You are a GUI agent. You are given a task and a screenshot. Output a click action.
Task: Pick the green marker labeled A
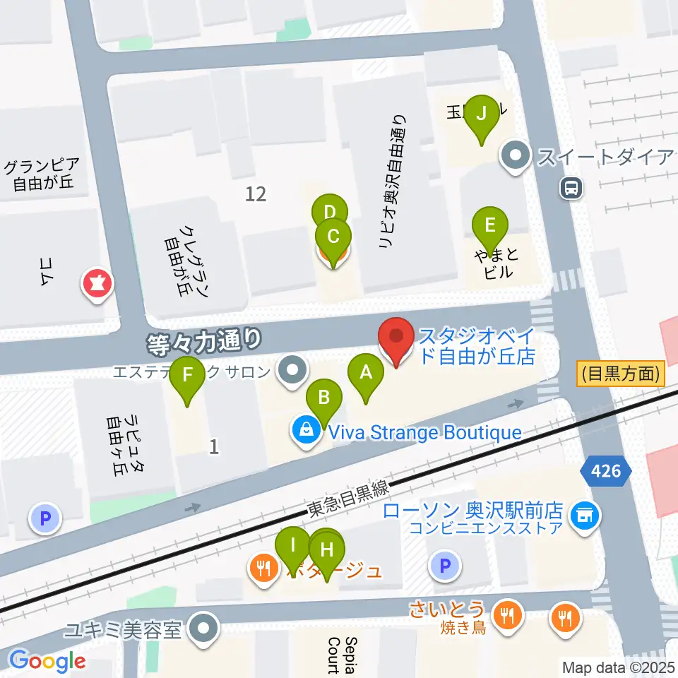[x=365, y=371]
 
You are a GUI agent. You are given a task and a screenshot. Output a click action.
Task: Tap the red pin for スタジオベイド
[x=395, y=338]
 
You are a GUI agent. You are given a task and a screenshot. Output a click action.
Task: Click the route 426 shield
[x=607, y=470]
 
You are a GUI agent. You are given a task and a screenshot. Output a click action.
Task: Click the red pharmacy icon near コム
[x=97, y=284]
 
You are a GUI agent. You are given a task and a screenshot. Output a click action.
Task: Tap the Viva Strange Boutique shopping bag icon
[x=307, y=431]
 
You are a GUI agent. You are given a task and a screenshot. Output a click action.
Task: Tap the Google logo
[x=47, y=660]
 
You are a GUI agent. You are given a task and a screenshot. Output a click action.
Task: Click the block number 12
[x=256, y=194]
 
